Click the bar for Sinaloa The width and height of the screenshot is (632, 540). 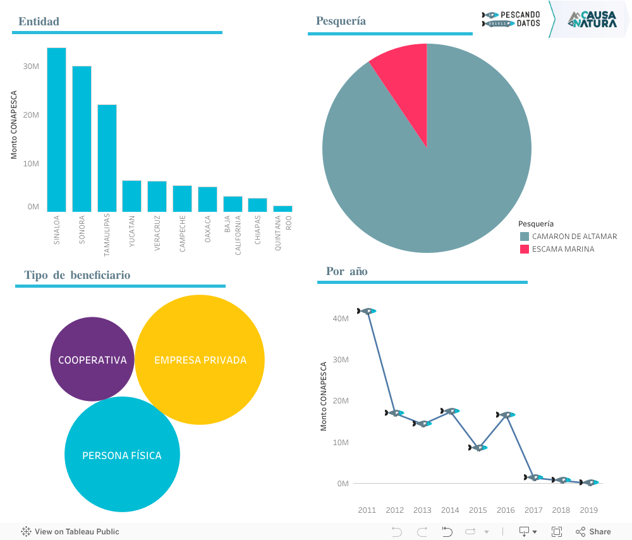click(56, 130)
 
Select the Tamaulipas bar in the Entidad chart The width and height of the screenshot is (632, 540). click(107, 158)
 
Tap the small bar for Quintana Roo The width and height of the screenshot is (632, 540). click(283, 209)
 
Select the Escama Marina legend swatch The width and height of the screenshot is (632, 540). click(525, 249)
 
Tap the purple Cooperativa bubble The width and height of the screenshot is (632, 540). click(92, 359)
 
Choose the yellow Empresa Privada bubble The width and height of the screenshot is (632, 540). click(200, 360)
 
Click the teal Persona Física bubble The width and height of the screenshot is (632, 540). click(122, 455)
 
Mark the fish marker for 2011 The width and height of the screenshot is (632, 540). click(367, 311)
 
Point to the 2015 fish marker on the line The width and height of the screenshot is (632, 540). click(478, 448)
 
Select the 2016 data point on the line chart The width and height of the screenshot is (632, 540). click(506, 415)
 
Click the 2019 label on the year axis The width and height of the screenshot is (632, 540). click(588, 510)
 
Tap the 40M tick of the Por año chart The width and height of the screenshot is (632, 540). click(341, 319)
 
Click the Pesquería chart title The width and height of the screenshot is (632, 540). click(341, 21)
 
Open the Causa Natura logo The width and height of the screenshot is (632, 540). click(592, 19)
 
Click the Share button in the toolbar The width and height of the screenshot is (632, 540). click(593, 532)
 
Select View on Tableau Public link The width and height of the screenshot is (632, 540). click(70, 532)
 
